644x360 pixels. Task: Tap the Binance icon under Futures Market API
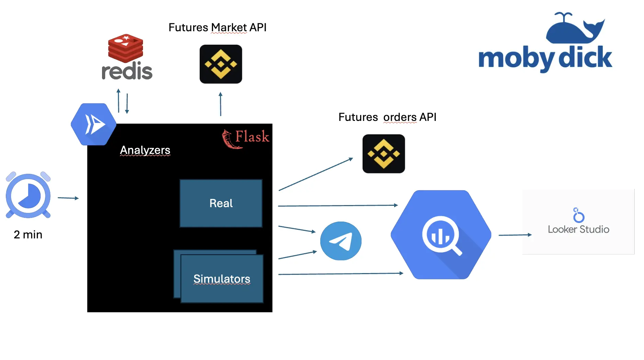pyautogui.click(x=221, y=64)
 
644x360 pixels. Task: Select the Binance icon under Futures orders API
pyautogui.click(x=384, y=154)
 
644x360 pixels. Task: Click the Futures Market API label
pyautogui.click(x=217, y=27)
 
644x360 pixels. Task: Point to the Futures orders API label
pyautogui.click(x=387, y=117)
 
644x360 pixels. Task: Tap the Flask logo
pyautogui.click(x=245, y=138)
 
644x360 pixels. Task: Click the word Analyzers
pyautogui.click(x=145, y=150)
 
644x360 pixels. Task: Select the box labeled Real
pyautogui.click(x=221, y=203)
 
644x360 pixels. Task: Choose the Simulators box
pyautogui.click(x=222, y=279)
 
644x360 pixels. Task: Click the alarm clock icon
pyautogui.click(x=28, y=195)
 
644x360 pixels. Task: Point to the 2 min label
pyautogui.click(x=28, y=235)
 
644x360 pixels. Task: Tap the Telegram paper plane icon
pyautogui.click(x=341, y=241)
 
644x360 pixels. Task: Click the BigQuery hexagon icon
pyautogui.click(x=441, y=235)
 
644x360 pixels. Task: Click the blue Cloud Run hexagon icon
pyautogui.click(x=93, y=124)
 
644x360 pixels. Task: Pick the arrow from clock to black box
pyautogui.click(x=68, y=198)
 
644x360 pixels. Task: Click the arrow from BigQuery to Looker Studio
pyautogui.click(x=515, y=235)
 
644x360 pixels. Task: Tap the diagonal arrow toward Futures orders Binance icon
pyautogui.click(x=315, y=174)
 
